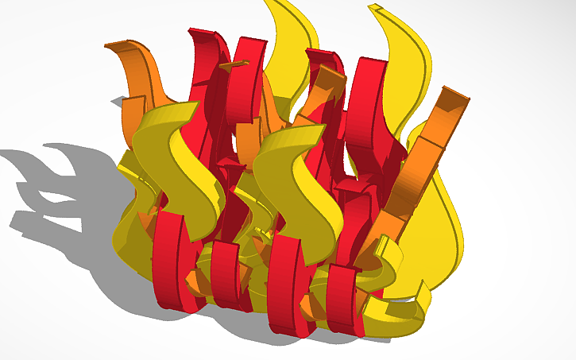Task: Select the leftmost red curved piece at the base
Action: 168,258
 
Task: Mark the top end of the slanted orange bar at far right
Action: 452,99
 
